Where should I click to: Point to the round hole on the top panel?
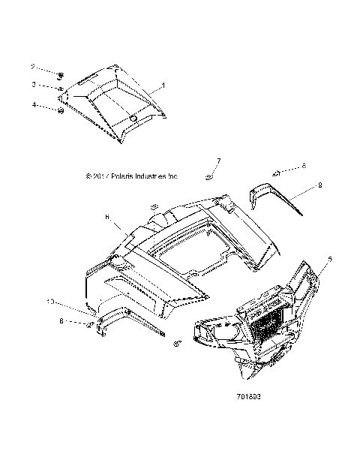coord(133,120)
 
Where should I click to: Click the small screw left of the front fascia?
coord(178,343)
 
